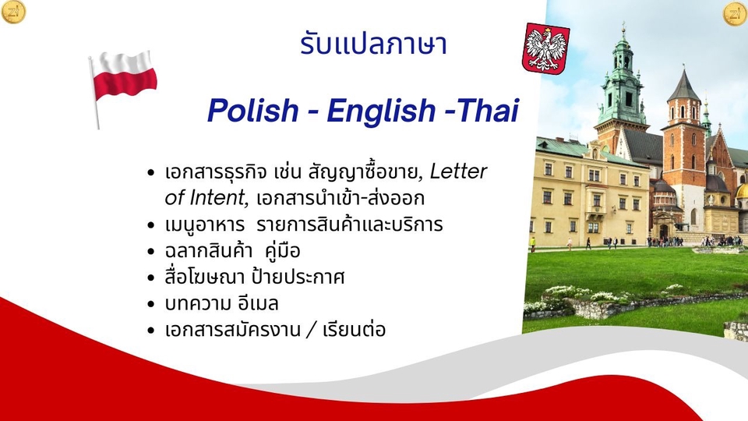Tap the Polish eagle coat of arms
pos(545,48)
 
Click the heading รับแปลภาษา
pos(373,44)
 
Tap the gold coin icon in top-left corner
pos(13,12)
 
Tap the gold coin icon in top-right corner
pos(735,13)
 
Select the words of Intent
pos(205,198)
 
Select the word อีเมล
pos(262,303)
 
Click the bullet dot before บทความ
pos(151,304)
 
